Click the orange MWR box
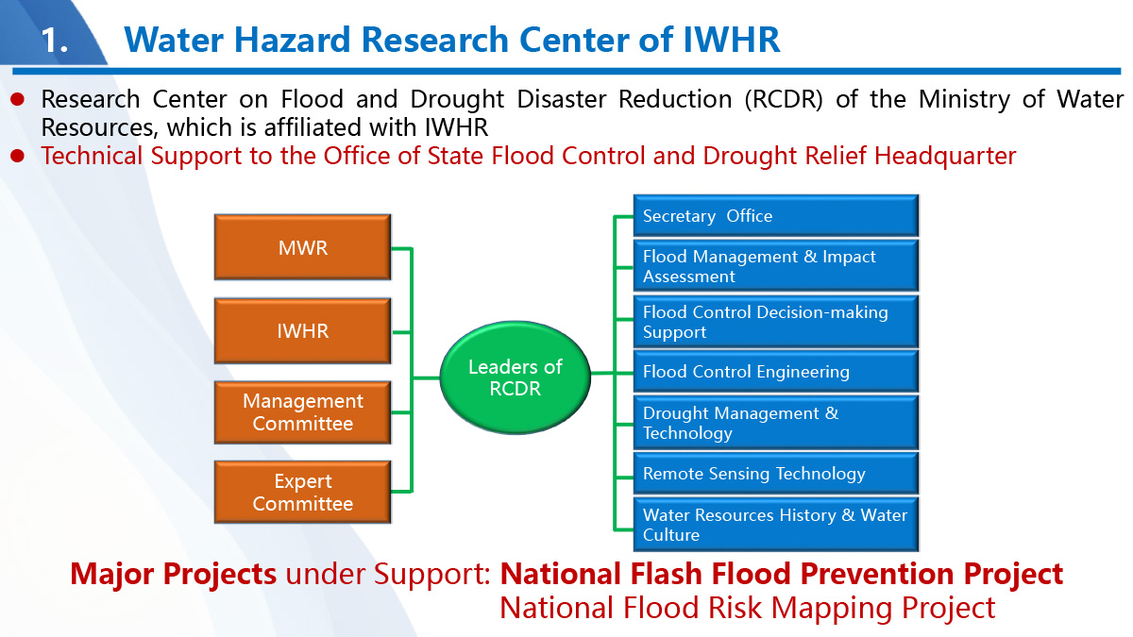302,247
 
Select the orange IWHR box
302,330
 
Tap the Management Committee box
302,412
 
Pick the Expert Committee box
302,492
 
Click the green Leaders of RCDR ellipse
515,377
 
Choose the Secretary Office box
776,216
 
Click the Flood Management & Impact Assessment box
776,266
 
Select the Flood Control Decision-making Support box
776,322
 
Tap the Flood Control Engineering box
776,372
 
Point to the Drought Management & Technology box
776,423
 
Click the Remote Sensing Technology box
776,473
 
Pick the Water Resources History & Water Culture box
776,525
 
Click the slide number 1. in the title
54,40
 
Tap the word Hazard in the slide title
292,40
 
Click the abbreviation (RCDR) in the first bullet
784,100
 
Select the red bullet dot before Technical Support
18,156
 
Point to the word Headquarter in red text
945,157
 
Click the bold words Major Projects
173,575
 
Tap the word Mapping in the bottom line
830,608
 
